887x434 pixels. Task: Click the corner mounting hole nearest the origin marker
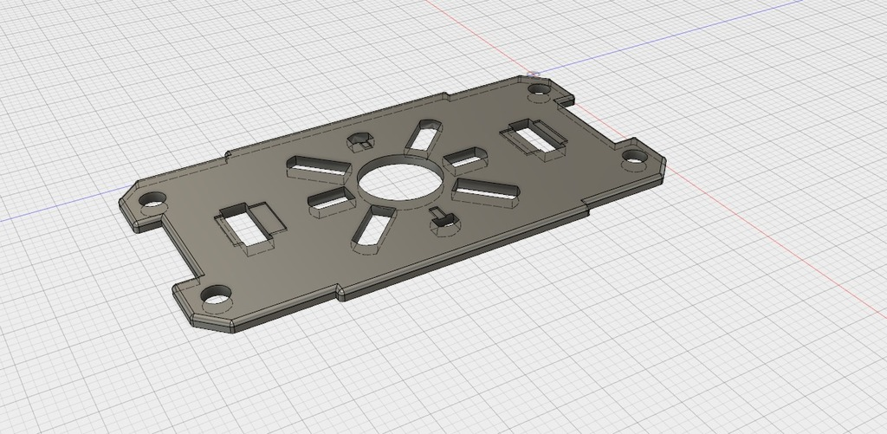click(x=541, y=88)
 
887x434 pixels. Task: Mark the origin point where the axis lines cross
click(x=534, y=75)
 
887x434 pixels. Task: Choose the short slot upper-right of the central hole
click(x=466, y=159)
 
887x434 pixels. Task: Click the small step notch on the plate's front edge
click(x=340, y=293)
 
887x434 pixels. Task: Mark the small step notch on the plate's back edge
click(x=228, y=155)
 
